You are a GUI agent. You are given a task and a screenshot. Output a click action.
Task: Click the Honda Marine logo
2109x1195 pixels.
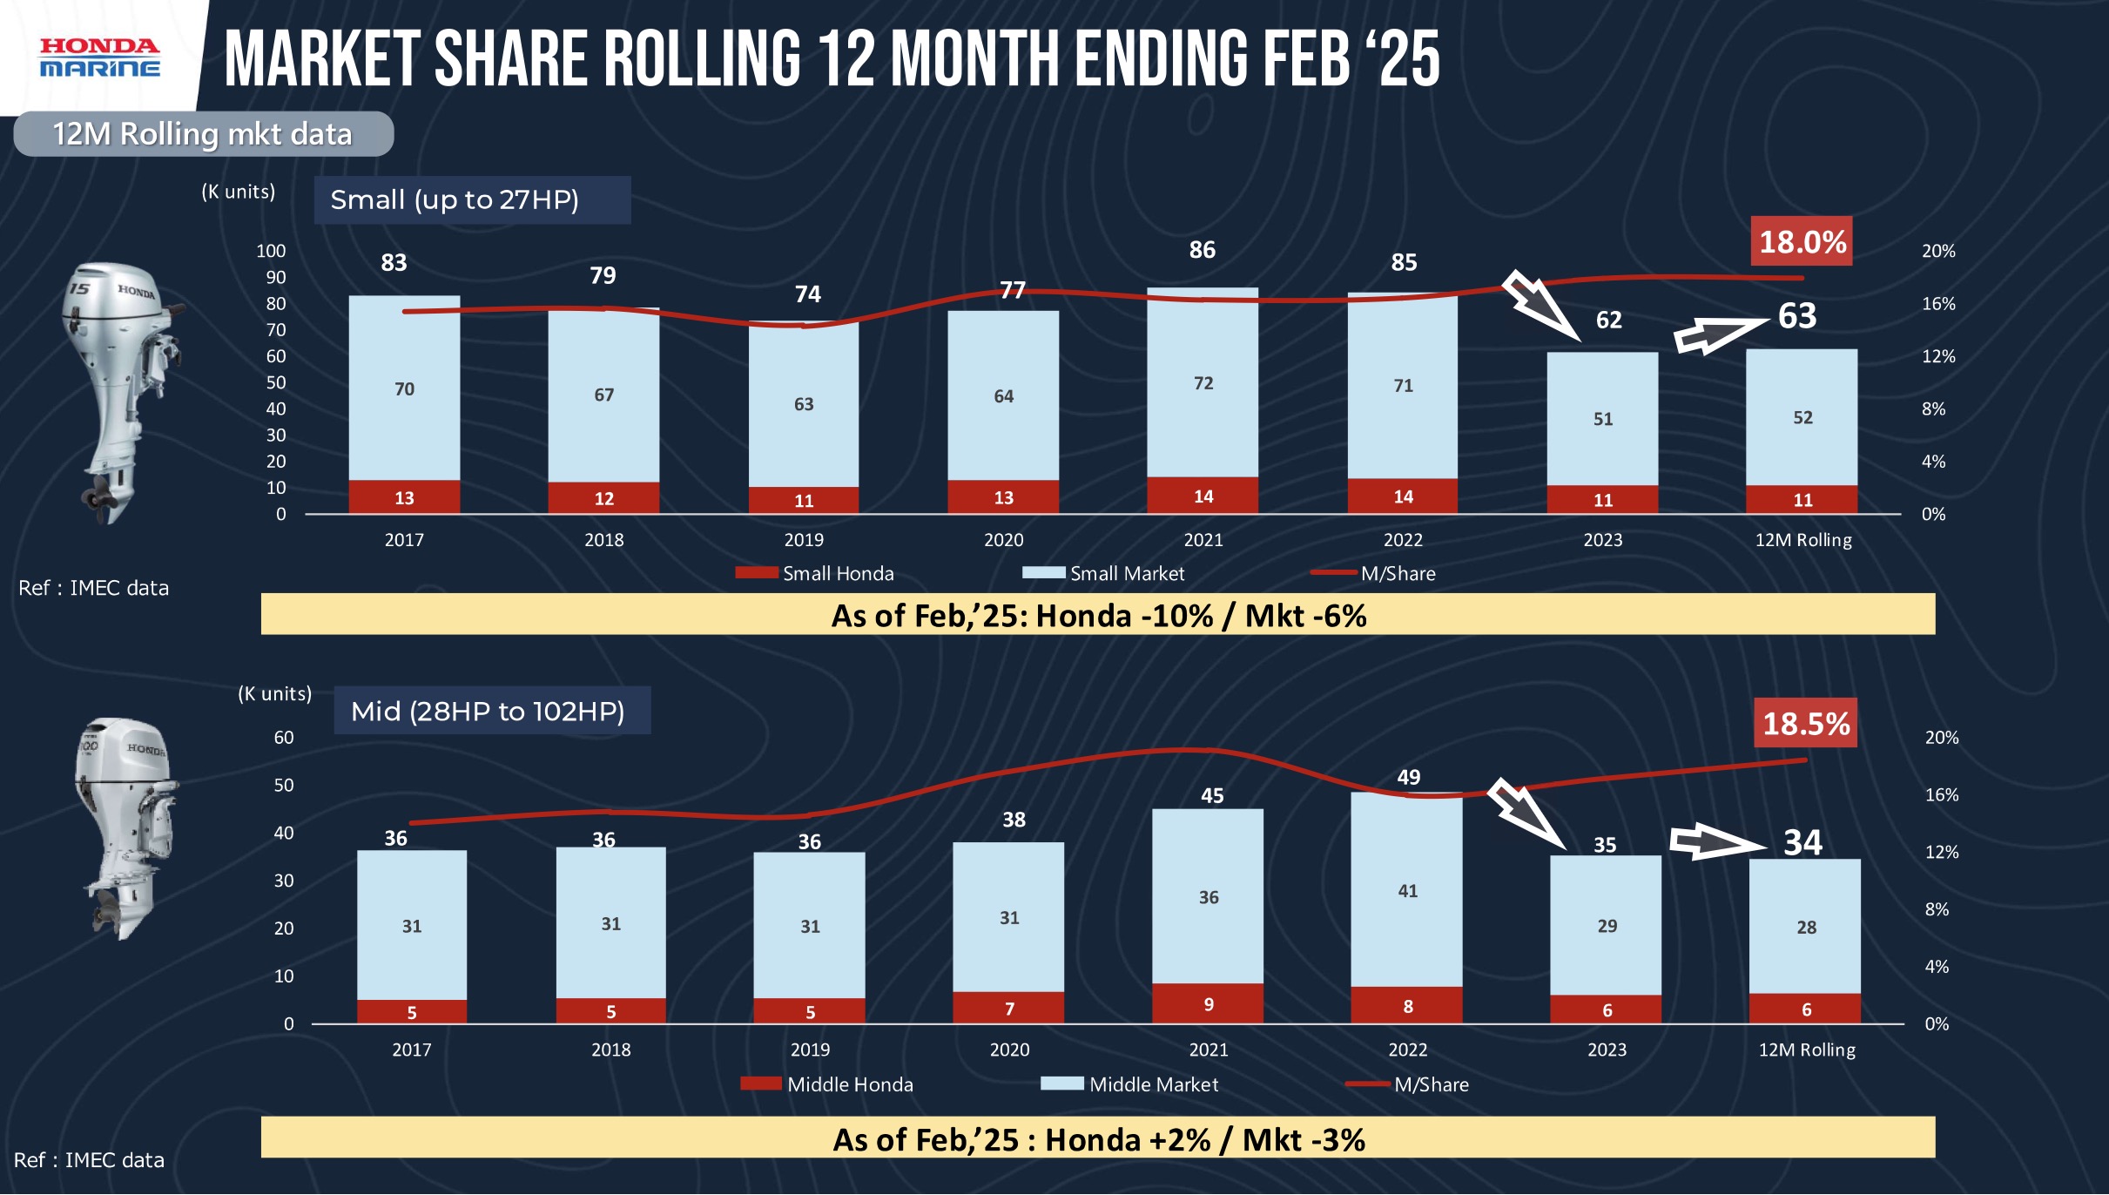(x=99, y=57)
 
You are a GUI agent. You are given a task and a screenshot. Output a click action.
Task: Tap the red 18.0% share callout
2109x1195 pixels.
(x=1802, y=241)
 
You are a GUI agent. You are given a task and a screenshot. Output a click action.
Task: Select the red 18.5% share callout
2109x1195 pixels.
(x=1805, y=723)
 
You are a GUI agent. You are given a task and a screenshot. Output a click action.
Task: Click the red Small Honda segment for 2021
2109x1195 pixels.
(x=1203, y=496)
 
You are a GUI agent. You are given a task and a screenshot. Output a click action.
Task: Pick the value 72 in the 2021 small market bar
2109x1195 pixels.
(x=1203, y=383)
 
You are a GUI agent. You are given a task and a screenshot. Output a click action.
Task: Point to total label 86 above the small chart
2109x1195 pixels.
(x=1202, y=250)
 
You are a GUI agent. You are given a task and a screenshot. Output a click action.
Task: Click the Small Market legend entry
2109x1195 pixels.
(x=1106, y=573)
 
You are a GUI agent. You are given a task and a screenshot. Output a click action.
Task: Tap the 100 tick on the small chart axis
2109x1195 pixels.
(x=271, y=251)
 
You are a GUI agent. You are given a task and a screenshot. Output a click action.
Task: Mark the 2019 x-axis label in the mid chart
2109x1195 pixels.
(x=810, y=1050)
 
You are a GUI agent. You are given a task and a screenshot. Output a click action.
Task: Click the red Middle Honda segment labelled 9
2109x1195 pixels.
(x=1208, y=1003)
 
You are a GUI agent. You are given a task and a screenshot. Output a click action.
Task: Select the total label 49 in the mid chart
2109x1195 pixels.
(x=1408, y=777)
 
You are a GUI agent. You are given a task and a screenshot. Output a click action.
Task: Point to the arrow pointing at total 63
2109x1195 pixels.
(x=1720, y=335)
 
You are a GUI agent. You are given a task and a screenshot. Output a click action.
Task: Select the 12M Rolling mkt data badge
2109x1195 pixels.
(x=203, y=134)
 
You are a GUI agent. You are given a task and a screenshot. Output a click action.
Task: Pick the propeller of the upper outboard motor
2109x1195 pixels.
(x=98, y=496)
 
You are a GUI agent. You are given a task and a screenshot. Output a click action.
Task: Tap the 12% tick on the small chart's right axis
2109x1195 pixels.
(x=1937, y=356)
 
